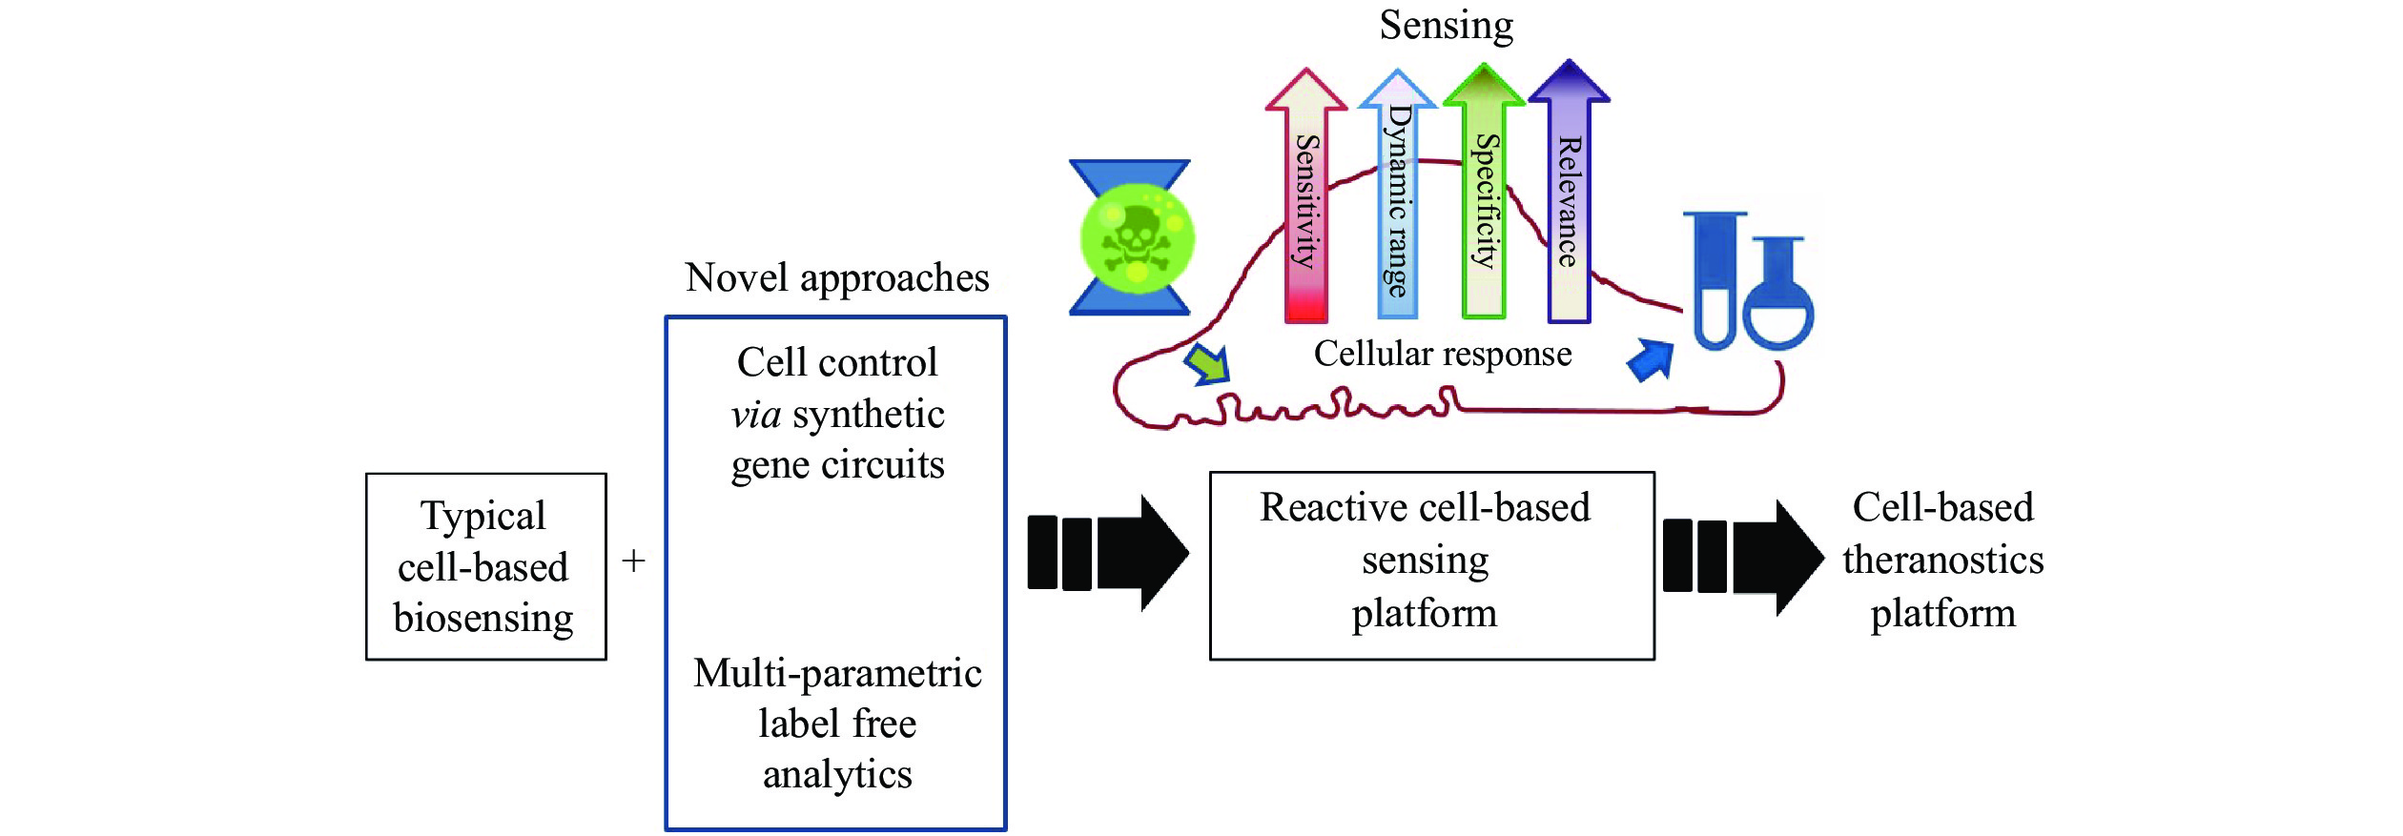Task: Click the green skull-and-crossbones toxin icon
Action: coord(1137,237)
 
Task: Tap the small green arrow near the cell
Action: coord(1207,365)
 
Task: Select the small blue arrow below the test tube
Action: coord(1652,360)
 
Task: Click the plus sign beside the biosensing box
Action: coord(633,561)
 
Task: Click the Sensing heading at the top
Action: coord(1446,25)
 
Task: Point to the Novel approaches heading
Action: coord(836,277)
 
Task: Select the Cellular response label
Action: coord(1442,354)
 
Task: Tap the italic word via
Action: coord(756,415)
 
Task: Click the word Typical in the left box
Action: coord(483,516)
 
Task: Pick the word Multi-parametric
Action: coord(837,673)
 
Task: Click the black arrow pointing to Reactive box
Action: coord(1108,553)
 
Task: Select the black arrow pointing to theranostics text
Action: coord(1743,557)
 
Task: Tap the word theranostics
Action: coord(1942,560)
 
